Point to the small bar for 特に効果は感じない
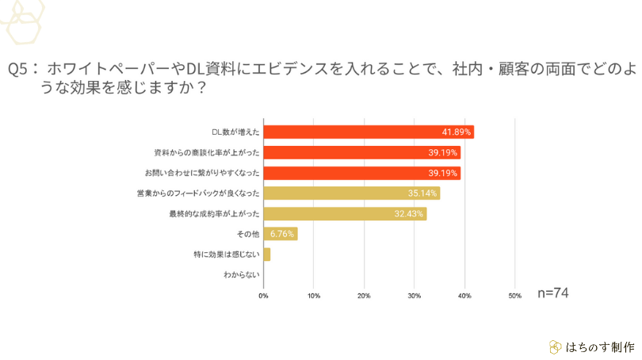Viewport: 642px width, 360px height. click(x=267, y=255)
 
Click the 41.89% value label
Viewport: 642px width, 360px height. click(x=457, y=132)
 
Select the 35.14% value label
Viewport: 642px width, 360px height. click(x=423, y=193)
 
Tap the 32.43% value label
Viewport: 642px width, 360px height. click(x=410, y=213)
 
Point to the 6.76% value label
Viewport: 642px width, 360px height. click(x=282, y=234)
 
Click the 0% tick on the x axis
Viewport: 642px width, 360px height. click(x=264, y=296)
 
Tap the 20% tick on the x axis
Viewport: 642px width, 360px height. click(x=364, y=296)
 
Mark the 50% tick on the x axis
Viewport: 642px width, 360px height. click(x=514, y=296)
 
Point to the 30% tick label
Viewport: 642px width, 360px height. click(x=414, y=296)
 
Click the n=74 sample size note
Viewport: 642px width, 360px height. click(x=553, y=293)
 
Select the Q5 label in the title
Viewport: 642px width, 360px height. click(x=21, y=69)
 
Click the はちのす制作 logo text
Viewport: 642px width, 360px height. click(x=601, y=347)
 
